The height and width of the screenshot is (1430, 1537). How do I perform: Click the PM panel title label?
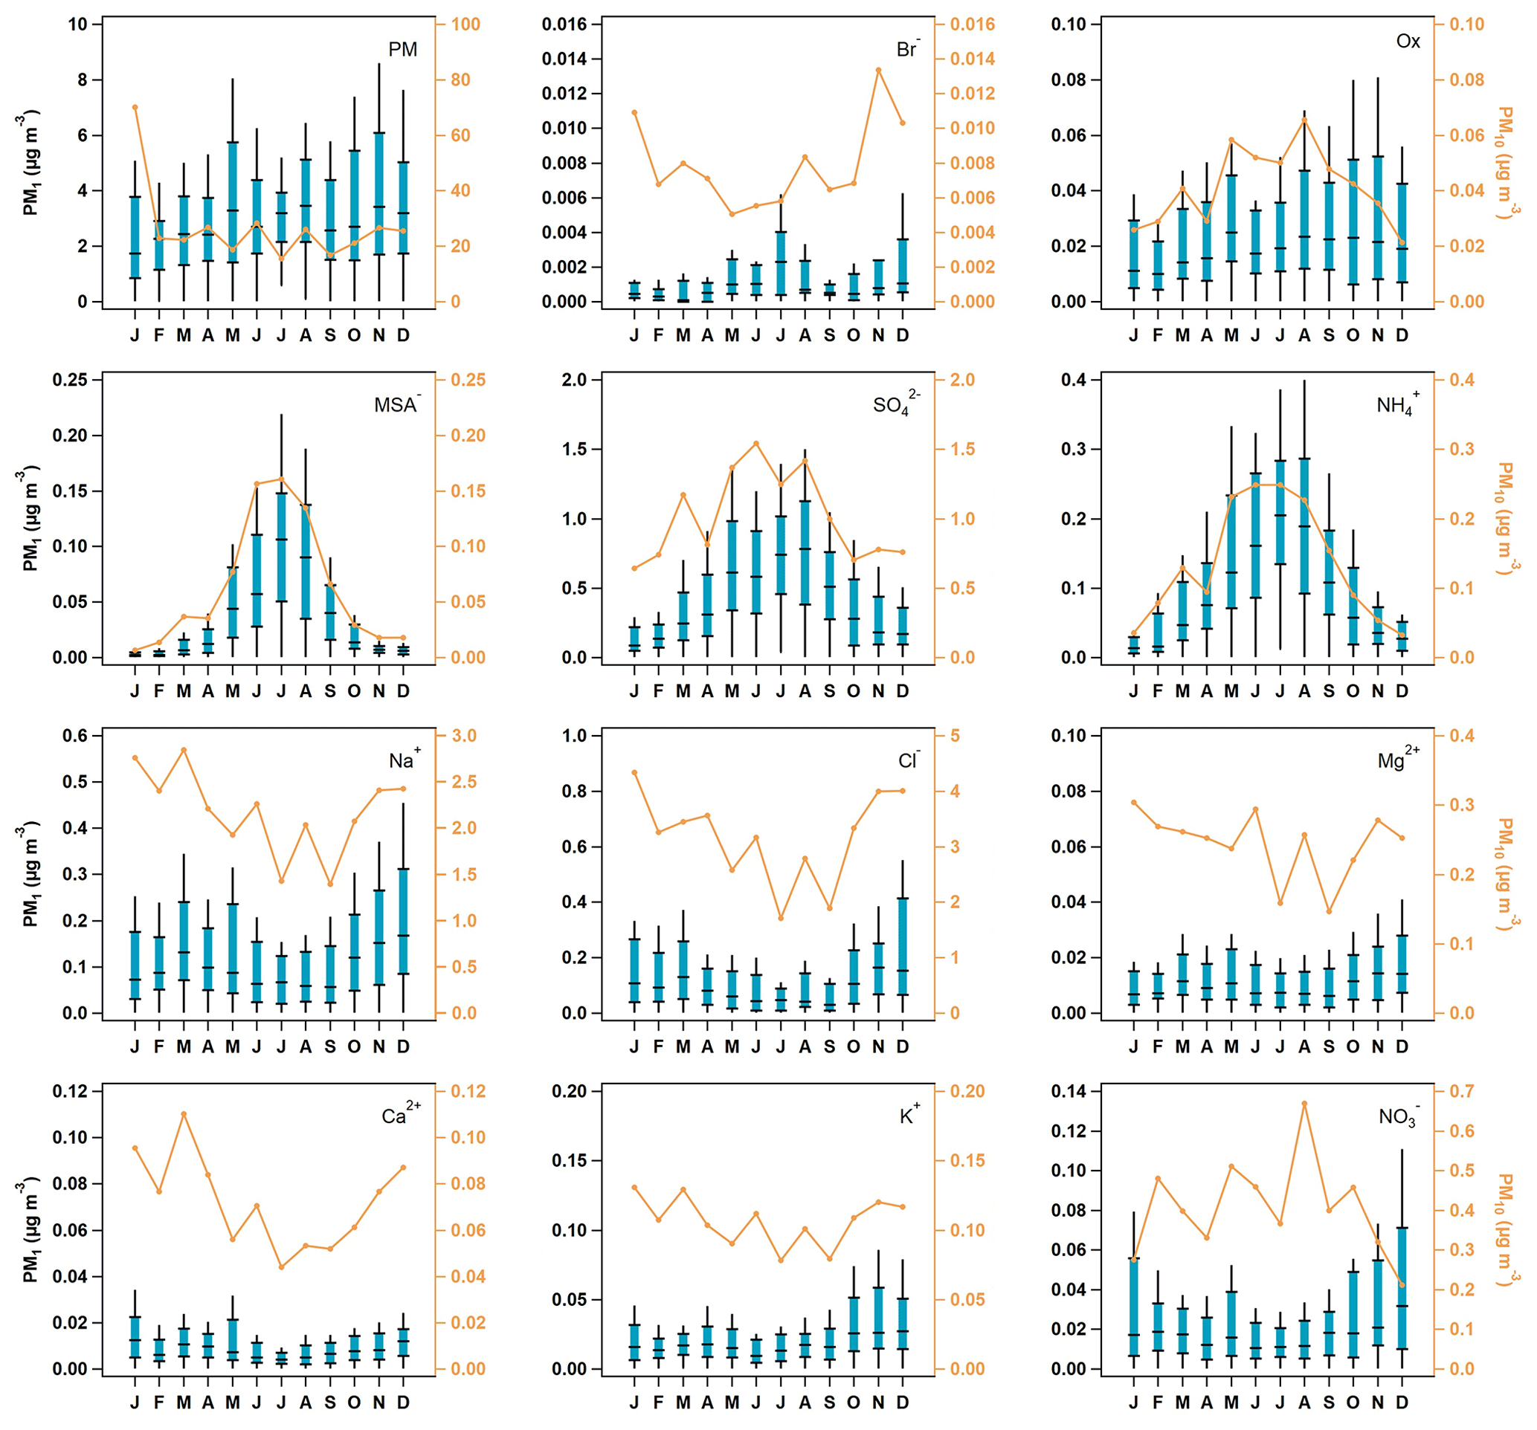pos(402,50)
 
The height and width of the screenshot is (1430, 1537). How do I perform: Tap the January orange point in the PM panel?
pos(135,108)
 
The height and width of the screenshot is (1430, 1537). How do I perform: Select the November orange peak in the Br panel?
pos(878,71)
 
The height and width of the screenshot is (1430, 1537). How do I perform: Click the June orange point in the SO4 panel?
pos(756,444)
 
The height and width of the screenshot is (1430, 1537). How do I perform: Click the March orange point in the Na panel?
pos(184,750)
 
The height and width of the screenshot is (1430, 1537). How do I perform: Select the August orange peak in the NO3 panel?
pos(1304,1104)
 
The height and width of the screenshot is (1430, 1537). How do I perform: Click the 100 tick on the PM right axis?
pos(465,25)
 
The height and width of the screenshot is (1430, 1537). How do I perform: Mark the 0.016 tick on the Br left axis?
pos(564,25)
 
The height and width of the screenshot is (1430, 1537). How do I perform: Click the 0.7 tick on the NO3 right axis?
pos(1460,1091)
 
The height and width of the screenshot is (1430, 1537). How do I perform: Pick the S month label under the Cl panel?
pos(830,1046)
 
